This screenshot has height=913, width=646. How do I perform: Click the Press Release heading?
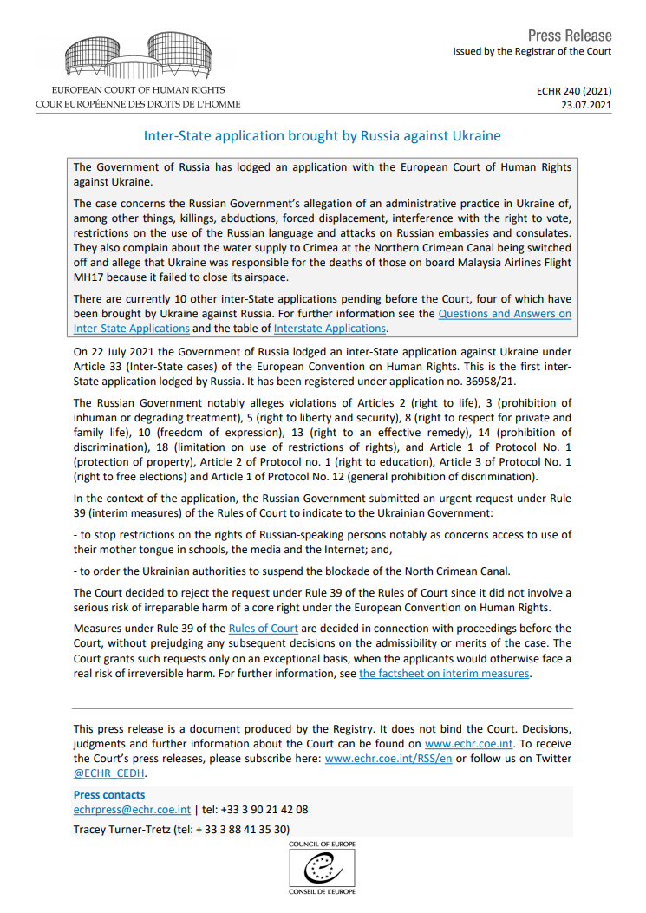point(570,36)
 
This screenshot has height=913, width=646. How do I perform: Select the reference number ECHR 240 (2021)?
point(575,90)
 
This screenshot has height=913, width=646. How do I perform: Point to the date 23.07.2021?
point(587,105)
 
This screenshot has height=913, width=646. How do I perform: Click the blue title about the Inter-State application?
point(322,136)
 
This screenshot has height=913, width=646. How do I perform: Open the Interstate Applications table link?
point(330,329)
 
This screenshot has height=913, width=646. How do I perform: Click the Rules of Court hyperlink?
point(264,628)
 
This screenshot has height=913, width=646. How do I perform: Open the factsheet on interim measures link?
point(444,673)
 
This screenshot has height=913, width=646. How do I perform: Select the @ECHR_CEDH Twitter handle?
point(109,773)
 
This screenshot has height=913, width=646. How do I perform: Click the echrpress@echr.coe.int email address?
point(132,809)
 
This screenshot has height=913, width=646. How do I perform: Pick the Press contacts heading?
point(109,794)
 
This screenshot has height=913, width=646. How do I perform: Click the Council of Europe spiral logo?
point(323,865)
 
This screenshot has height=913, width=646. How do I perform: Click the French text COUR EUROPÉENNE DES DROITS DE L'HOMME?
point(139,104)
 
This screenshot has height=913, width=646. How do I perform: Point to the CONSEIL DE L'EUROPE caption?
point(323,891)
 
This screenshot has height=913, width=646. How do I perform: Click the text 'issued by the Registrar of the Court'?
point(532,52)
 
